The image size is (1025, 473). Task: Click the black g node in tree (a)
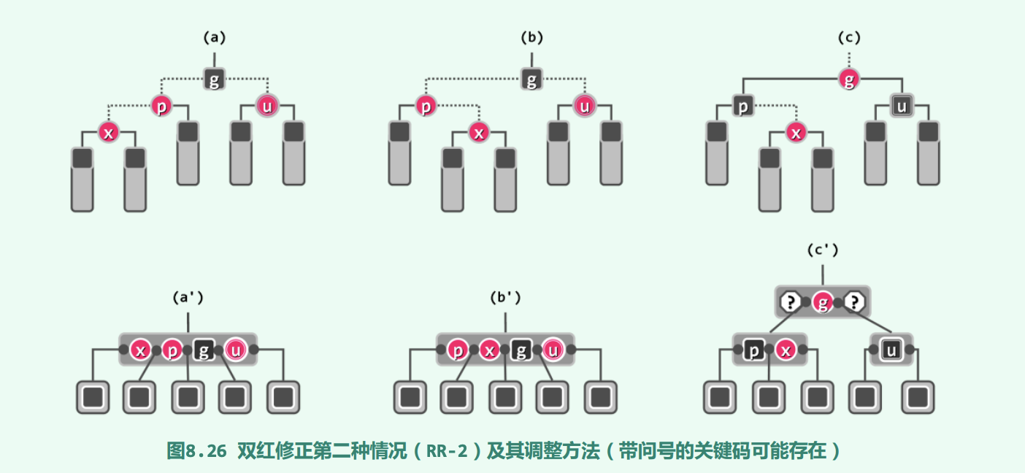click(214, 80)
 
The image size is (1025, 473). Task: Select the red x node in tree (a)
click(109, 133)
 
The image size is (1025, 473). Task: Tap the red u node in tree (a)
click(267, 107)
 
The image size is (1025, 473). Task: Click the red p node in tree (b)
click(426, 107)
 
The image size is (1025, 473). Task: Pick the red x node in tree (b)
click(478, 133)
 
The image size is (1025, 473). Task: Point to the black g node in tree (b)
click(531, 80)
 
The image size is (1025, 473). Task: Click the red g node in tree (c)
click(848, 80)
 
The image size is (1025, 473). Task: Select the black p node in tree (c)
click(743, 107)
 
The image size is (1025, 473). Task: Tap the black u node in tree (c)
click(902, 107)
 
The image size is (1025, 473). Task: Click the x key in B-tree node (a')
click(141, 350)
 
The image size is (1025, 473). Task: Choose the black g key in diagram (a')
click(204, 350)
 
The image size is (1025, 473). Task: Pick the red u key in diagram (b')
click(553, 350)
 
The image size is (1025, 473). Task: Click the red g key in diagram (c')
click(823, 301)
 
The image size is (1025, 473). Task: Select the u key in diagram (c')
click(891, 350)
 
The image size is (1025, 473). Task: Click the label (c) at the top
click(848, 37)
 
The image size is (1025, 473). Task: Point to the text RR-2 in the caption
click(447, 451)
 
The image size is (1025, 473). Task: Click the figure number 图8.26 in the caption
click(197, 451)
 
